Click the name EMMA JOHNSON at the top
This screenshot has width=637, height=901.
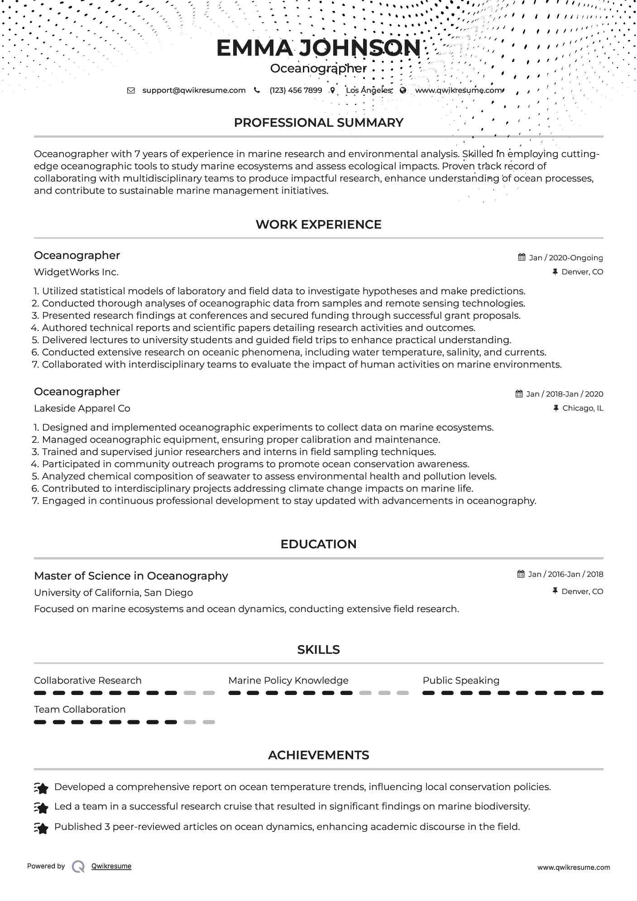click(x=318, y=48)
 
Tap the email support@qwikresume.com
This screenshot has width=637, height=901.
click(x=194, y=90)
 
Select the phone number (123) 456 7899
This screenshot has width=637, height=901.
click(x=296, y=90)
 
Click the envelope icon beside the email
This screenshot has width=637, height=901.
click(x=131, y=90)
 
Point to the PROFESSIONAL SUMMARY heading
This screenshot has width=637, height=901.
click(x=318, y=123)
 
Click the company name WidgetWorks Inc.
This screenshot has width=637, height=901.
click(x=76, y=272)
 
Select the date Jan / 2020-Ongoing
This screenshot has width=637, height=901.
click(x=566, y=258)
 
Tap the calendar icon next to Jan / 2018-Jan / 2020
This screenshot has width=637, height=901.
click(x=519, y=394)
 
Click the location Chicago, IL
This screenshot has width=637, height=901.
click(x=583, y=408)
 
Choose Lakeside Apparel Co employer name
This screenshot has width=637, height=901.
click(x=82, y=408)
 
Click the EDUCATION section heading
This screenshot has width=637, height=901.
click(x=318, y=544)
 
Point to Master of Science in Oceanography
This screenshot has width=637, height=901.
click(x=131, y=576)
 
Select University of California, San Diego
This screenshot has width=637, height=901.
click(x=113, y=593)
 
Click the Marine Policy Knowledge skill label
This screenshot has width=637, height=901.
click(x=288, y=681)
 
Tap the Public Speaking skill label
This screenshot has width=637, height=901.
click(x=461, y=681)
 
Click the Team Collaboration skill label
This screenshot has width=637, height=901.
click(x=80, y=709)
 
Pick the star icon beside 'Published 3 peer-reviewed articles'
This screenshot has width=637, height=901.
click(x=41, y=828)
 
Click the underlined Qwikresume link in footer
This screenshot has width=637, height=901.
click(x=111, y=866)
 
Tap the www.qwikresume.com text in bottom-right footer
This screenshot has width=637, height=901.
click(x=573, y=867)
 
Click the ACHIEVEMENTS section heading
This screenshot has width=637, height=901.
click(x=318, y=755)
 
